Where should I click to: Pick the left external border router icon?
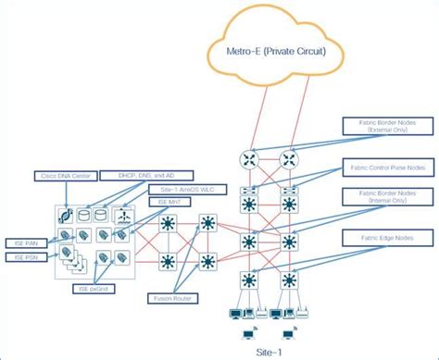pyautogui.click(x=247, y=159)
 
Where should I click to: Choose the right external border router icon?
pyautogui.click(x=289, y=159)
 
